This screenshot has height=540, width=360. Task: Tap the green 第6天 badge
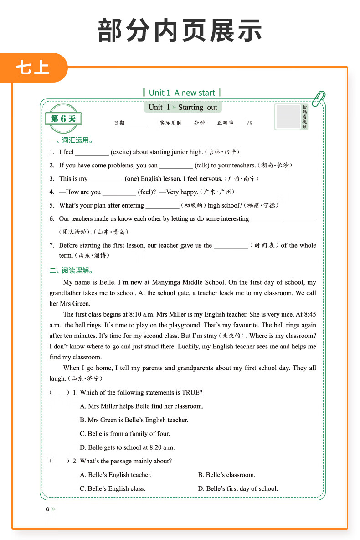[x=63, y=119]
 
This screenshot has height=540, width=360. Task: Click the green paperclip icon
[x=319, y=98]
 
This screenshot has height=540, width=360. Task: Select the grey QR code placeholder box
[x=288, y=116]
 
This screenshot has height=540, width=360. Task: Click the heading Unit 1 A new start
[x=182, y=93]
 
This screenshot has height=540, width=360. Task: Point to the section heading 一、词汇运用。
[x=73, y=140]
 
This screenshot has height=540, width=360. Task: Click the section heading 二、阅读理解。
[x=73, y=270]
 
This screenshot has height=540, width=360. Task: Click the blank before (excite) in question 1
[x=92, y=153]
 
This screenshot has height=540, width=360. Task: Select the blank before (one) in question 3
[x=106, y=179]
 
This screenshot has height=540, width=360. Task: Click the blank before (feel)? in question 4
[x=119, y=192]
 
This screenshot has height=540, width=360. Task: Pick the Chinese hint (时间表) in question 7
[x=264, y=245]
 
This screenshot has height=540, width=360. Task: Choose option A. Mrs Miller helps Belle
[x=141, y=406]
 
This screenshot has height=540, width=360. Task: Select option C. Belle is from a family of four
[x=124, y=434]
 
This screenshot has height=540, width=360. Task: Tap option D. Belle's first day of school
[x=237, y=488]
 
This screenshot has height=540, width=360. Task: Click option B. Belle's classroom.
[x=226, y=475]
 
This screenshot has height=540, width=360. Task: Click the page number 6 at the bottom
[x=47, y=509]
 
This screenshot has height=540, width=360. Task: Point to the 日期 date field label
[x=119, y=123]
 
